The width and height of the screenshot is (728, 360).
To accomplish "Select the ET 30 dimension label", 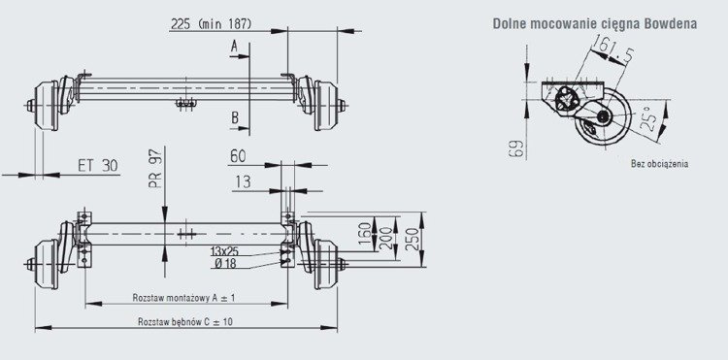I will [x=97, y=166].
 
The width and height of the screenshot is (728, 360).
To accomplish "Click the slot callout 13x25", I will [x=225, y=250].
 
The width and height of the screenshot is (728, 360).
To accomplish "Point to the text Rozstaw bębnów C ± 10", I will [x=184, y=321].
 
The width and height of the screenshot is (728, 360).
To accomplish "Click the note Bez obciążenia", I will [x=658, y=165].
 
